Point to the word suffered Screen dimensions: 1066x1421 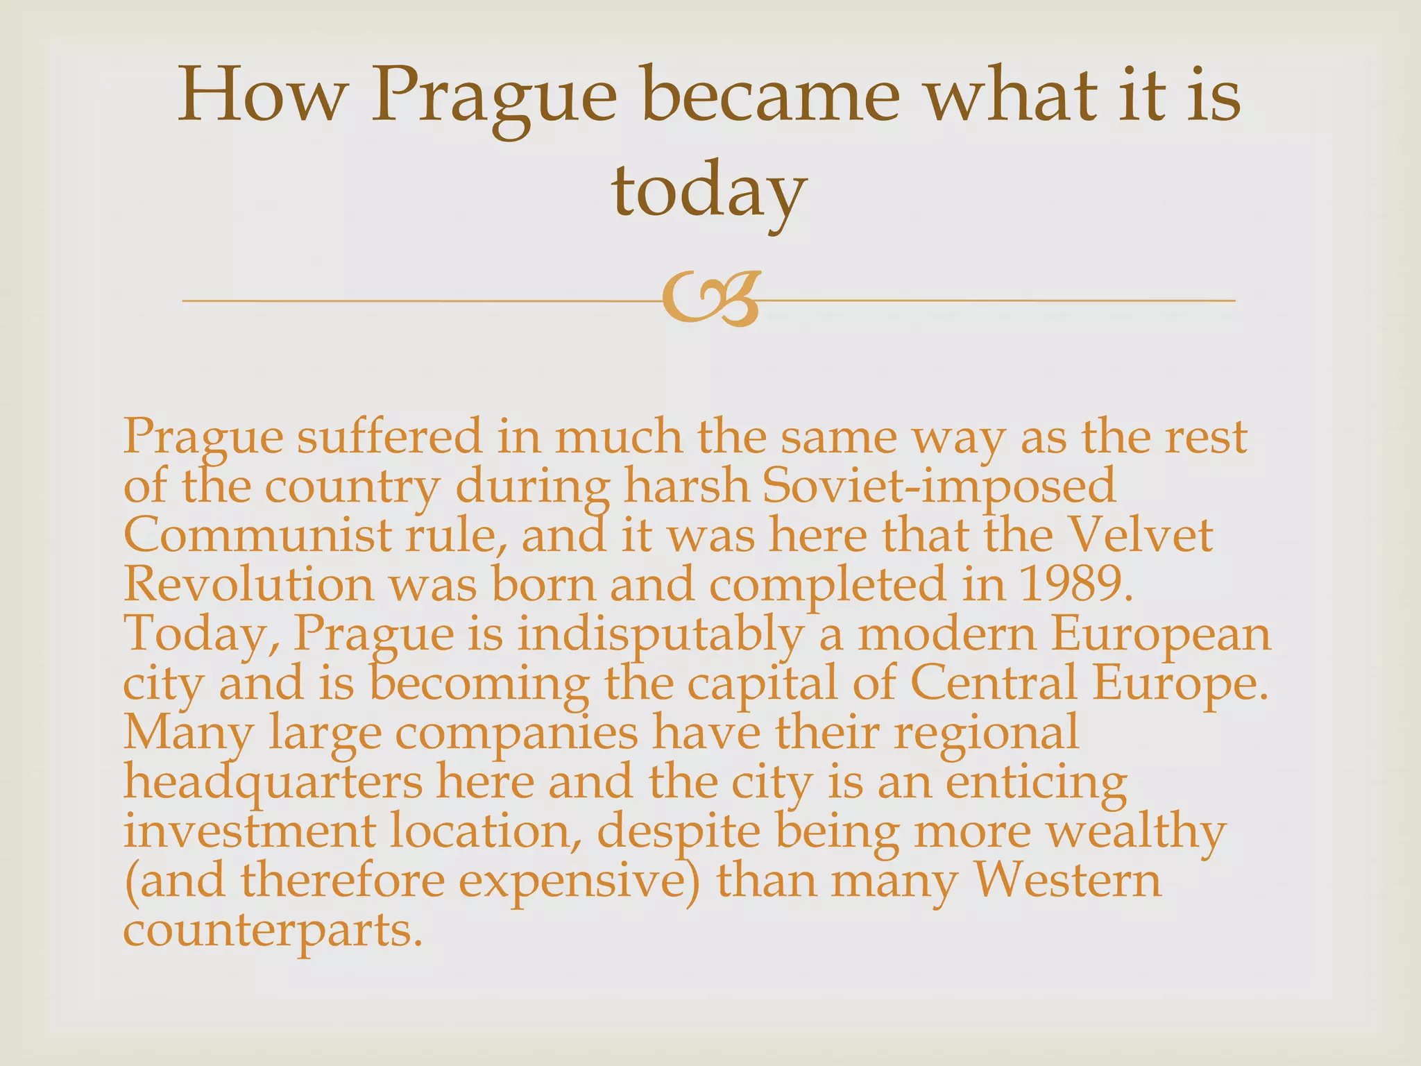coord(389,437)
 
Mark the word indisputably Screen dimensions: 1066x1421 coord(660,635)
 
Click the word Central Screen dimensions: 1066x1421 coord(993,684)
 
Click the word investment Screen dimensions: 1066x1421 coord(249,832)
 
